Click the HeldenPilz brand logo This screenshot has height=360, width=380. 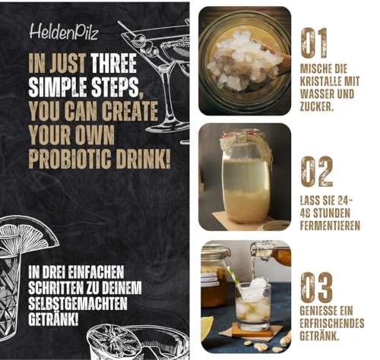point(64,32)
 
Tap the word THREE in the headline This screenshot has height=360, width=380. point(114,63)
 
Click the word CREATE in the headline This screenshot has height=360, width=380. point(130,111)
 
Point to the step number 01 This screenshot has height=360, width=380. point(314,43)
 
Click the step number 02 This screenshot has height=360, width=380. point(317,172)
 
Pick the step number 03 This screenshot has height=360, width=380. point(317,287)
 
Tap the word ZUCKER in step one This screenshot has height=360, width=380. point(316,107)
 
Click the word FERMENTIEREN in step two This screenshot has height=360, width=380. point(330,226)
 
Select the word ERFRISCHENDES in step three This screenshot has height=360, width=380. point(332,324)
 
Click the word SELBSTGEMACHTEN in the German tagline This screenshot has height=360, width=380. point(78,304)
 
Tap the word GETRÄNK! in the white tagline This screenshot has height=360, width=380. point(53,320)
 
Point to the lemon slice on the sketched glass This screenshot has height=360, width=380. point(29,234)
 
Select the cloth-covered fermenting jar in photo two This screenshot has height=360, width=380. point(245,176)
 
